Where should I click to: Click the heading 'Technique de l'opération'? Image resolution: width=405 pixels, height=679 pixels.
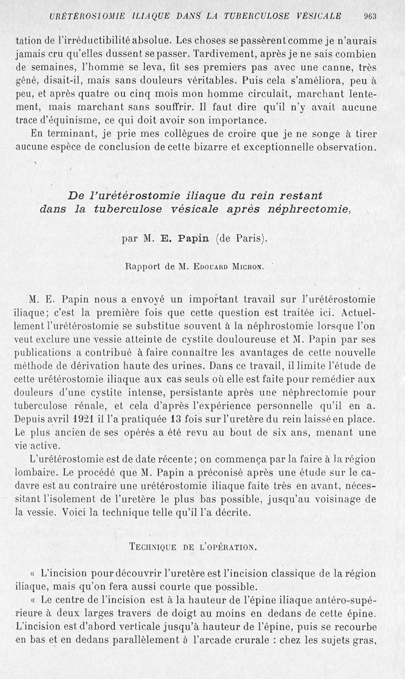[193, 546]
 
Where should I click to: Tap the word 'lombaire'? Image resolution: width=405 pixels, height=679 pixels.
[34, 472]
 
